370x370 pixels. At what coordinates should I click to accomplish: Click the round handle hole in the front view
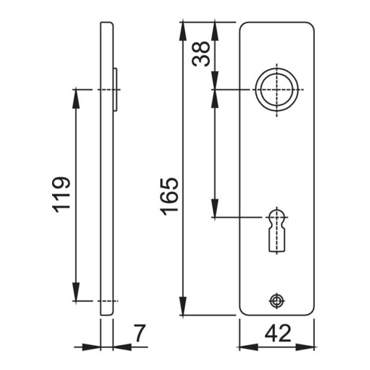276,89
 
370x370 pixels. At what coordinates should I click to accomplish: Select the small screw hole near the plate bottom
277,300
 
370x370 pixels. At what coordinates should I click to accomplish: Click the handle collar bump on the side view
116,89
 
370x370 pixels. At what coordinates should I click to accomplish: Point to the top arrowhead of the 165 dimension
183,27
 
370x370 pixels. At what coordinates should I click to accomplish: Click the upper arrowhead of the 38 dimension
215,27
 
